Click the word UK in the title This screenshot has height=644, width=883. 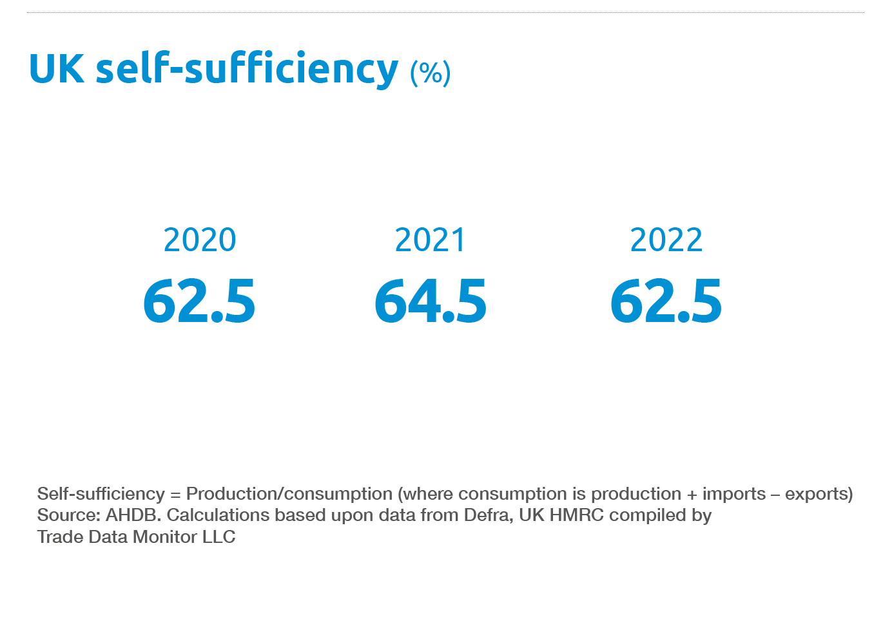(x=57, y=68)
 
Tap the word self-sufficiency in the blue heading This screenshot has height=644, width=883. (x=247, y=68)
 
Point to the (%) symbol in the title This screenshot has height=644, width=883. (x=430, y=72)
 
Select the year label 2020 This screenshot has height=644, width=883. (x=200, y=240)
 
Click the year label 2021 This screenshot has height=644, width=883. (x=430, y=240)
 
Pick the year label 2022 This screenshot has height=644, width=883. (x=666, y=240)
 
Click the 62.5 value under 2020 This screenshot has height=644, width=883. (x=199, y=301)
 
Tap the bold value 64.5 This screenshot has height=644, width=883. (x=430, y=301)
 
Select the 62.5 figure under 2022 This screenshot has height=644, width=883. (x=666, y=301)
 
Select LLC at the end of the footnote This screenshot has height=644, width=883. (x=219, y=536)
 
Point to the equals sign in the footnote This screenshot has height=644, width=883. (x=175, y=495)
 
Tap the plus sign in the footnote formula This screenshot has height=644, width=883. (x=692, y=495)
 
